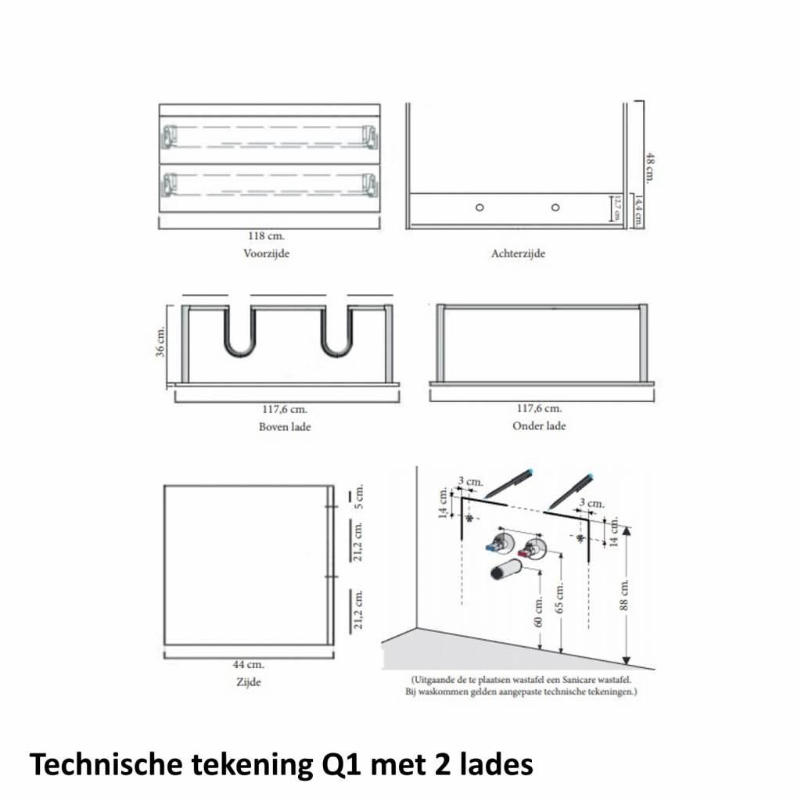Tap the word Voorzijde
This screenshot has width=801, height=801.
(x=266, y=253)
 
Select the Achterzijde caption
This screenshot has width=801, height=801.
(x=518, y=253)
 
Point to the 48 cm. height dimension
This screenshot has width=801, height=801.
(x=648, y=169)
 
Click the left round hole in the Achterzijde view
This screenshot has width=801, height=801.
(x=480, y=207)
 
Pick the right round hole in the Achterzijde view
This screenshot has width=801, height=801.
(x=555, y=207)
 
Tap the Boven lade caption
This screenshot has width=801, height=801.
(x=285, y=427)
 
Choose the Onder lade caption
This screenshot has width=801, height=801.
(x=539, y=426)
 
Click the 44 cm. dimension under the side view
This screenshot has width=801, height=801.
(x=249, y=665)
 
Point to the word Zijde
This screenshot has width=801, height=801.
(x=249, y=682)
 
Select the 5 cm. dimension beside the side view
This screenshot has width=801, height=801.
(x=360, y=495)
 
